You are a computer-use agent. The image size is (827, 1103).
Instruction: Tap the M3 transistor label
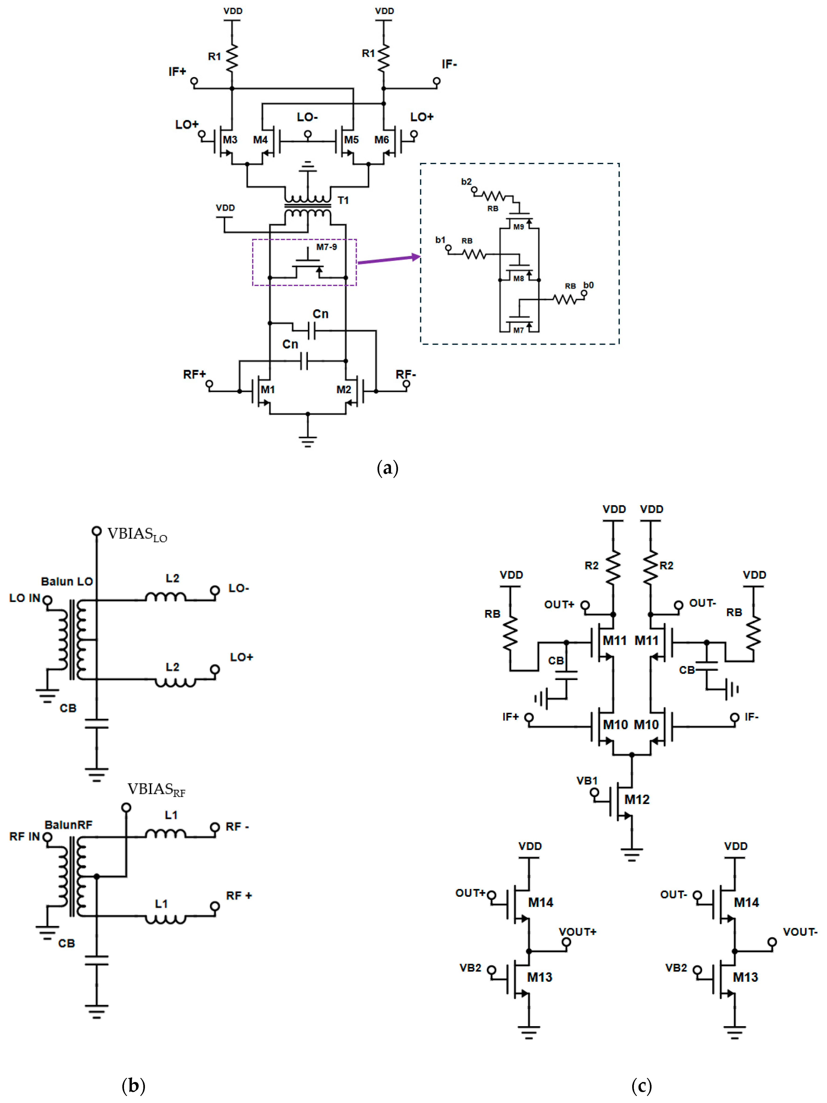pyautogui.click(x=230, y=140)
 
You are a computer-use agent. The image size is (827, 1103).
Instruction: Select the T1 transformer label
pyautogui.click(x=343, y=200)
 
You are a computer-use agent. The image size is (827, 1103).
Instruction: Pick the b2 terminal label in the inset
pyautogui.click(x=466, y=182)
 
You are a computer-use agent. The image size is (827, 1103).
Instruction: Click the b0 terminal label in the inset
pyautogui.click(x=589, y=285)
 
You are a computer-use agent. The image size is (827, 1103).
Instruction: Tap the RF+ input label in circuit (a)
pyautogui.click(x=194, y=375)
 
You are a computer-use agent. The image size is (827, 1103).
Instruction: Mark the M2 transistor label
pyautogui.click(x=343, y=389)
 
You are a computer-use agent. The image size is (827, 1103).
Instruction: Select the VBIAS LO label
pyautogui.click(x=137, y=535)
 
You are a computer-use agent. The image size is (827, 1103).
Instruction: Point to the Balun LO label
pyautogui.click(x=67, y=581)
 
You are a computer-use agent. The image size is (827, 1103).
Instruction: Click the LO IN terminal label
pyautogui.click(x=24, y=598)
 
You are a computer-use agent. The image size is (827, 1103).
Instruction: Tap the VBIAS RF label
pyautogui.click(x=156, y=789)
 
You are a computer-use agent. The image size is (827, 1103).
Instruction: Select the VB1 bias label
pyautogui.click(x=587, y=780)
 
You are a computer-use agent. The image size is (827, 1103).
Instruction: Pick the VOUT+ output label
pyautogui.click(x=577, y=932)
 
